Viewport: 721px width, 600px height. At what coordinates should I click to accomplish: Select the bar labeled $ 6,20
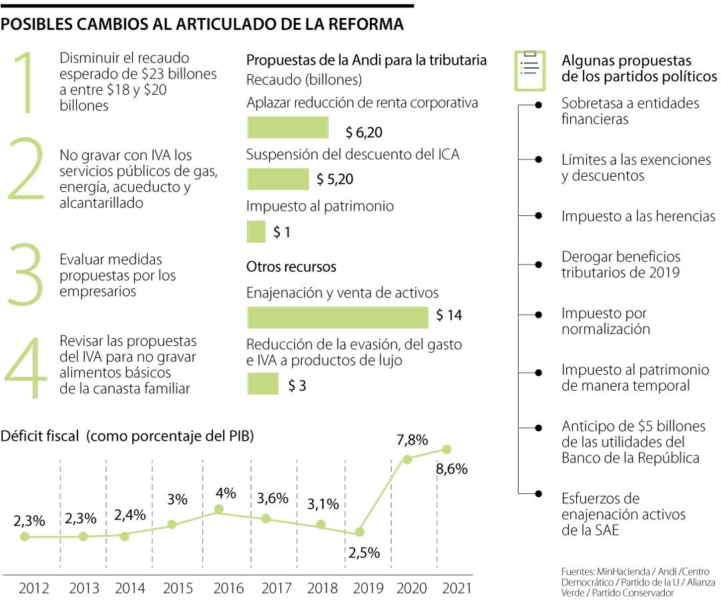click(288, 127)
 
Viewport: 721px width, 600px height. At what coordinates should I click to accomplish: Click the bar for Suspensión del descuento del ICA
click(278, 179)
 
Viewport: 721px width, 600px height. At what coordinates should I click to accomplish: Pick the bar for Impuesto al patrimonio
click(256, 232)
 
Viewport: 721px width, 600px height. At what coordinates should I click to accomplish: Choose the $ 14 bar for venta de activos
click(338, 317)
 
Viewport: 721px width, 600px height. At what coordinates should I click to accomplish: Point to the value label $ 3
click(297, 385)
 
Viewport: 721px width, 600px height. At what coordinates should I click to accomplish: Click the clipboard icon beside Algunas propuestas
click(529, 70)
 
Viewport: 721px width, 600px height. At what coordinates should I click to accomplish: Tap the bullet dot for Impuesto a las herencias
click(539, 216)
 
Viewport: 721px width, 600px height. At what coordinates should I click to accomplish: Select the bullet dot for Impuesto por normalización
click(539, 313)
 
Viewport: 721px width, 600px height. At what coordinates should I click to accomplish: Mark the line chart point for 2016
click(218, 510)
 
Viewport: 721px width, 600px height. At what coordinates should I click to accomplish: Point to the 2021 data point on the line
click(446, 449)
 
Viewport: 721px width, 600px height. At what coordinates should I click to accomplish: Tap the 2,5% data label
click(365, 552)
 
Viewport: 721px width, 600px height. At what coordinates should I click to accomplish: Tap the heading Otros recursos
click(291, 267)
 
